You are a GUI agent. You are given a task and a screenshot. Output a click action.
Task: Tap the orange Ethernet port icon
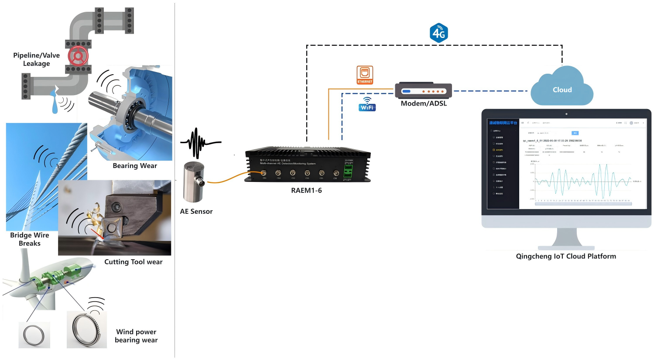coord(365,75)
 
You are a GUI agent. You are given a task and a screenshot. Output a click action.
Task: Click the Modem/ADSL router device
coord(423,91)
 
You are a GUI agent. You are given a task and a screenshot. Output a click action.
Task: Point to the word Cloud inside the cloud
coord(562,90)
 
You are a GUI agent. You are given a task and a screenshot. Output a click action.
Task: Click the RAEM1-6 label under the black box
coord(306,190)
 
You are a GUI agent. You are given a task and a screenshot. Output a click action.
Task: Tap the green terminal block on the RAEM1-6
coord(348,171)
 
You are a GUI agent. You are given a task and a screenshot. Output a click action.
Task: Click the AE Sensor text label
coord(196,211)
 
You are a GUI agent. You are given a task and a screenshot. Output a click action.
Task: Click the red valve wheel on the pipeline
coord(78,56)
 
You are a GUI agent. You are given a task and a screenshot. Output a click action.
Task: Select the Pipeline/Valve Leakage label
coord(36,59)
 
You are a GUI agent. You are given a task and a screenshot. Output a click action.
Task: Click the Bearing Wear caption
coord(135,166)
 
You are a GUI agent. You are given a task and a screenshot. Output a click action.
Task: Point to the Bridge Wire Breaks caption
coord(30,239)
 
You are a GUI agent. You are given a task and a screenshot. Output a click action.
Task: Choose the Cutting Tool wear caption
coord(133,262)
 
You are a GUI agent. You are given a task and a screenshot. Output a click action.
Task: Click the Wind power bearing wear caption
coord(136,336)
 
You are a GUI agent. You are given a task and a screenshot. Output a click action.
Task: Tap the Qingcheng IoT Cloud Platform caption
coord(566,256)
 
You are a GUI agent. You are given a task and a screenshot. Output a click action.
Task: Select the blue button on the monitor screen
coord(575,133)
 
